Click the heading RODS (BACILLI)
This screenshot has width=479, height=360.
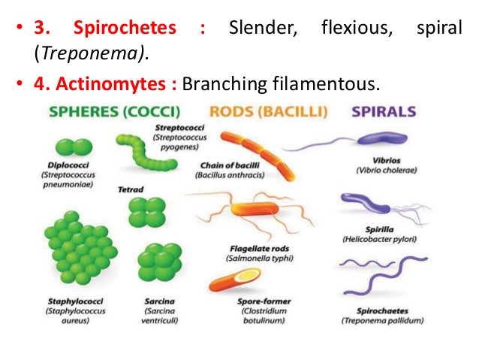coord(268,112)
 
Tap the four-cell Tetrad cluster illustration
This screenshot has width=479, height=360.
coord(142,213)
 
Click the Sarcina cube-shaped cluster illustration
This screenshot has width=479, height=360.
coord(158,264)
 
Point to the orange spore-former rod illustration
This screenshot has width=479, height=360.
coord(233,280)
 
